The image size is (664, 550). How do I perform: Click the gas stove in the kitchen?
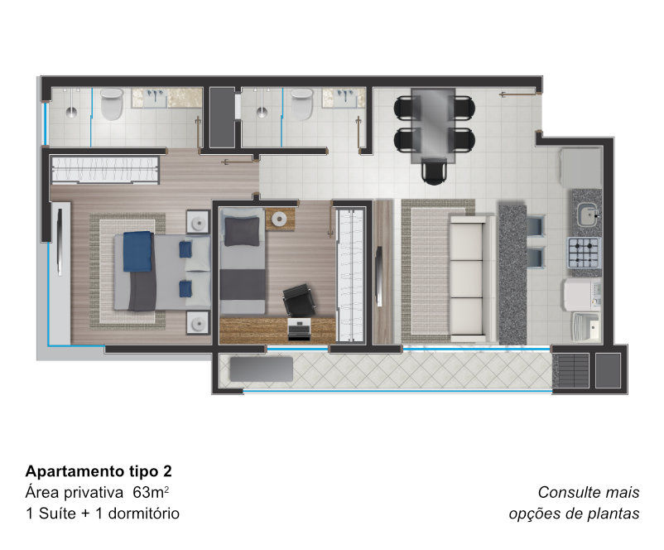coord(585,253)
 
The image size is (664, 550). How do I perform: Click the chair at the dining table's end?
coord(434,171)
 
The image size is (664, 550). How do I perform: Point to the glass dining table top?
coord(433,125)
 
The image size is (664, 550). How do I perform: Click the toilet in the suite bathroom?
coord(112,104)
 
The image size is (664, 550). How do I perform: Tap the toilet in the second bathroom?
coord(302,104)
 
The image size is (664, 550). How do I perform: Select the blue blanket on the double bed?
coord(137,251)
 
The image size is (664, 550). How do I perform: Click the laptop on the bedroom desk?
coord(299,329)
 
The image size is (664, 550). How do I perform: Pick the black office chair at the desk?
coord(299,300)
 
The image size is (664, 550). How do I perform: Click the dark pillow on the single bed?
coord(242,231)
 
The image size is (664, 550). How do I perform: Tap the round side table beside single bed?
coord(280,219)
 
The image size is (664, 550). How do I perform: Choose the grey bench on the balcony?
coord(262,369)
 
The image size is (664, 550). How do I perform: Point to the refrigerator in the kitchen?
coord(581,168)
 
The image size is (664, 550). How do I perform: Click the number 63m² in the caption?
coord(151,492)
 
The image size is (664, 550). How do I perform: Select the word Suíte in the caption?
coord(57,513)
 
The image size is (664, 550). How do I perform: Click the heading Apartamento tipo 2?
coord(99,471)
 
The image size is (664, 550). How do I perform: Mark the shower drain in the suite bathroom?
coord(71,112)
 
